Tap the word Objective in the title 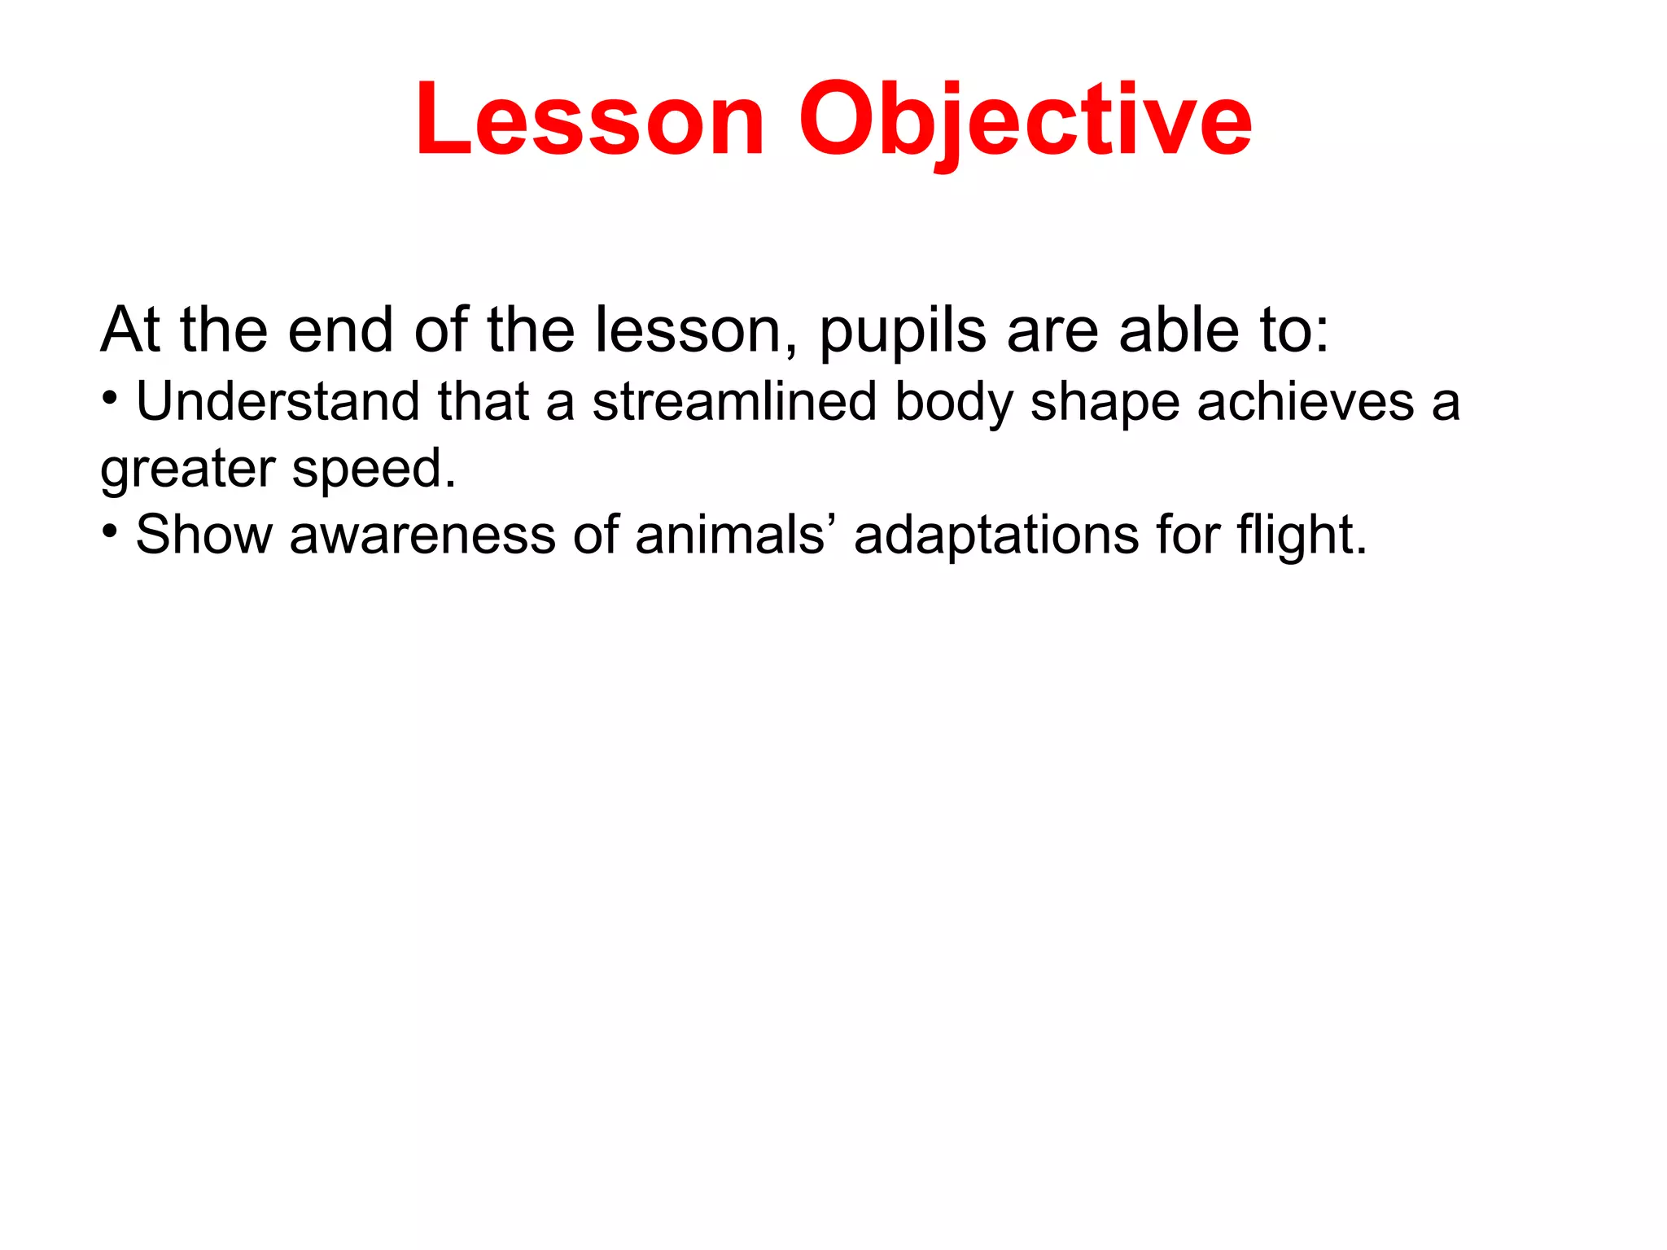coord(1025,120)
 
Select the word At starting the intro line coord(130,330)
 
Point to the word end coord(340,330)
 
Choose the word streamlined coord(734,401)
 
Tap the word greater coord(188,470)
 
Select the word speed coord(374,470)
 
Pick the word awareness coord(422,535)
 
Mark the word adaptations coord(996,536)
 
